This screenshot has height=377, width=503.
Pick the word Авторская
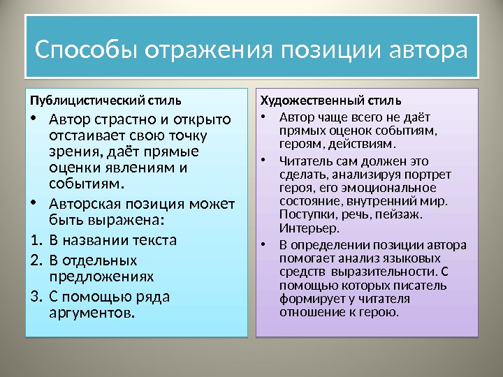(x=85, y=204)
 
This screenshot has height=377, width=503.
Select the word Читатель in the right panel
(x=302, y=162)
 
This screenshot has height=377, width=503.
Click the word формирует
(x=310, y=299)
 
